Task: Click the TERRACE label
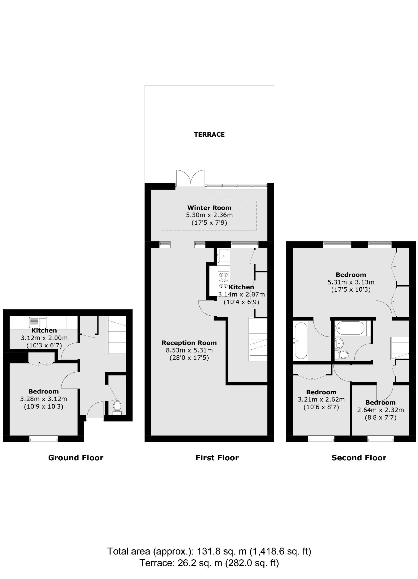[x=209, y=134]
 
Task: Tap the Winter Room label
[x=209, y=208]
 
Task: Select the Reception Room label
[x=189, y=343]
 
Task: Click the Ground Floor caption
[x=76, y=458]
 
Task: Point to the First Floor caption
[x=217, y=458]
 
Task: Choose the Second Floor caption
[x=359, y=458]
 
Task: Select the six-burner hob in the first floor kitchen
[x=223, y=280]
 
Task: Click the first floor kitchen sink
[x=223, y=256]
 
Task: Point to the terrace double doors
[x=191, y=178]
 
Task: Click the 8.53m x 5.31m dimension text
[x=189, y=350]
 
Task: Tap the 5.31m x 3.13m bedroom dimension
[x=351, y=282]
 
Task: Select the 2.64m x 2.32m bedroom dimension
[x=381, y=410]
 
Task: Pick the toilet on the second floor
[x=342, y=355]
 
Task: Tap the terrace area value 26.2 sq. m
[x=200, y=563]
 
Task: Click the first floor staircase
[x=258, y=339]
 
